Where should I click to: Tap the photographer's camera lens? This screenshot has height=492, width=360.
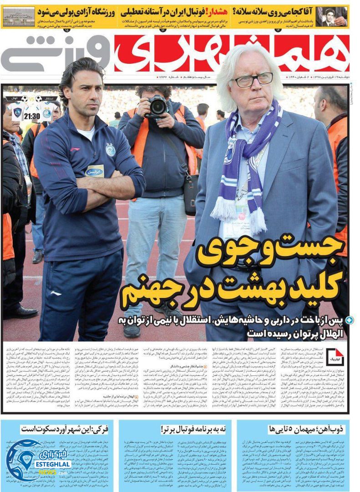tap(158, 107)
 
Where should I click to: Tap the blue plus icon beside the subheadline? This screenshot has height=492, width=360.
tap(349, 320)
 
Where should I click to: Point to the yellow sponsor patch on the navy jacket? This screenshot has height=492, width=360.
tap(95, 170)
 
